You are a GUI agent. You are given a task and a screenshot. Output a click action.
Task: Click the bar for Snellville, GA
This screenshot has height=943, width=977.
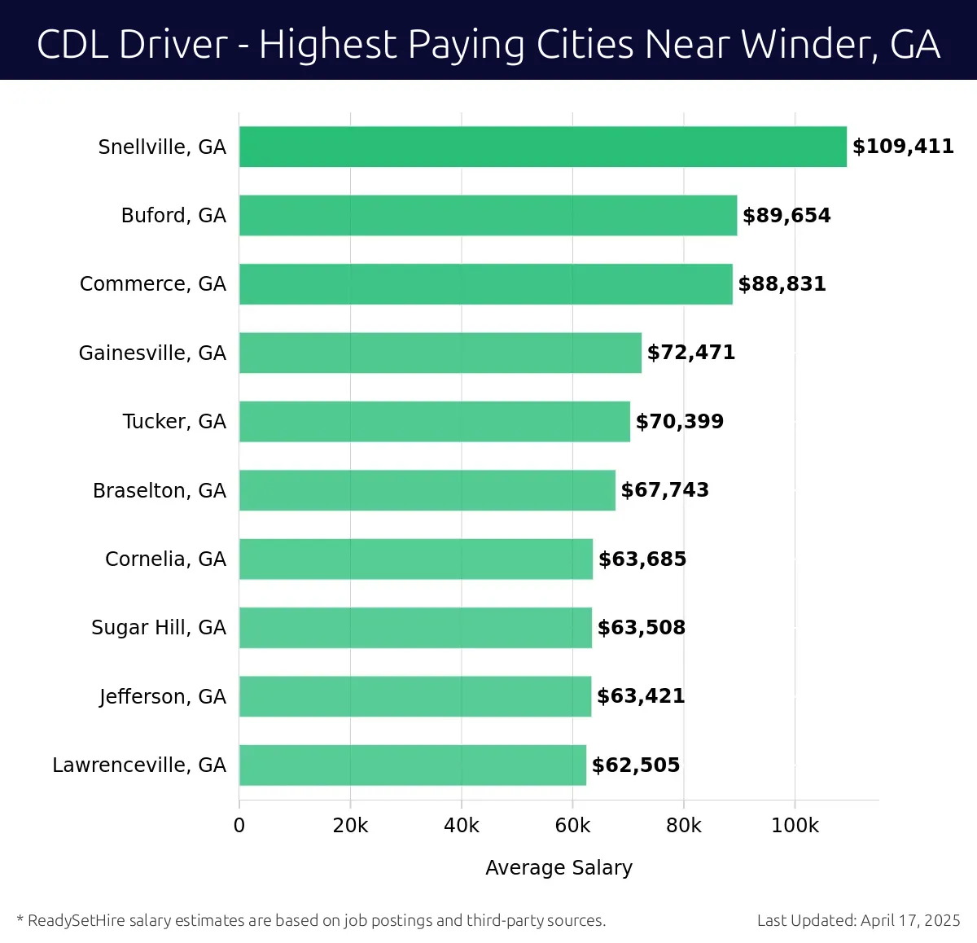[542, 147]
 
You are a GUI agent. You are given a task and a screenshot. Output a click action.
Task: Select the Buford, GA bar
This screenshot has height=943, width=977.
[488, 216]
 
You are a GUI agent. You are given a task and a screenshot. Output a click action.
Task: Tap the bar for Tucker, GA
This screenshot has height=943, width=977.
[434, 422]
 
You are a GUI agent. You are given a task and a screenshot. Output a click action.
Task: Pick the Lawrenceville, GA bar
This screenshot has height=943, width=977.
[412, 765]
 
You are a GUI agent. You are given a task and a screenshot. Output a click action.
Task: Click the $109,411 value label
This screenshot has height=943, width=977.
[903, 147]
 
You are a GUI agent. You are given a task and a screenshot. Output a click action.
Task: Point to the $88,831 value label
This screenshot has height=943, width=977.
[782, 284]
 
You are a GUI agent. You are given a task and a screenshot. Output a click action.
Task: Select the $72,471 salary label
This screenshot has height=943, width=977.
[690, 353]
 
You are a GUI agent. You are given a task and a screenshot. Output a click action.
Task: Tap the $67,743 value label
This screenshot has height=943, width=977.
[664, 490]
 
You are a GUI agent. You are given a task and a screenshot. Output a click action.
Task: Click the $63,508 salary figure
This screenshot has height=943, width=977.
[641, 628]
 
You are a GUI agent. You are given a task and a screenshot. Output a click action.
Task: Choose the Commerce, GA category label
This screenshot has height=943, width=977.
[153, 284]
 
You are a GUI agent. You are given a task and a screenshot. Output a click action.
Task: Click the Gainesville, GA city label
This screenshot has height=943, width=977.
[152, 353]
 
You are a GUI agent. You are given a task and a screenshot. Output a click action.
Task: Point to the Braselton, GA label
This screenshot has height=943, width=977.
[160, 490]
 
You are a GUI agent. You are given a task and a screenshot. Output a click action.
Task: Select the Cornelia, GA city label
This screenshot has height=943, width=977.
[165, 559]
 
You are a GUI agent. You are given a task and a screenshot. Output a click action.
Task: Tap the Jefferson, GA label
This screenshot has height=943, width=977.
[162, 697]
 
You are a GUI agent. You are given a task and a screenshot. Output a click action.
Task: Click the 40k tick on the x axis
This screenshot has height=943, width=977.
[461, 826]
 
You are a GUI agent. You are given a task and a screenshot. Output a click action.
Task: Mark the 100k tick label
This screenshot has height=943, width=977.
[795, 826]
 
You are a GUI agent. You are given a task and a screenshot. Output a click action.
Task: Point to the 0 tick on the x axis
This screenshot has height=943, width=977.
[239, 826]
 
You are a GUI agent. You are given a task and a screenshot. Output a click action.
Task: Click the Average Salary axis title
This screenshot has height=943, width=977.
[559, 868]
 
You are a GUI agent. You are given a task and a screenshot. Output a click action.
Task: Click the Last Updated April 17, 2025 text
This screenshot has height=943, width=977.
[858, 921]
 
